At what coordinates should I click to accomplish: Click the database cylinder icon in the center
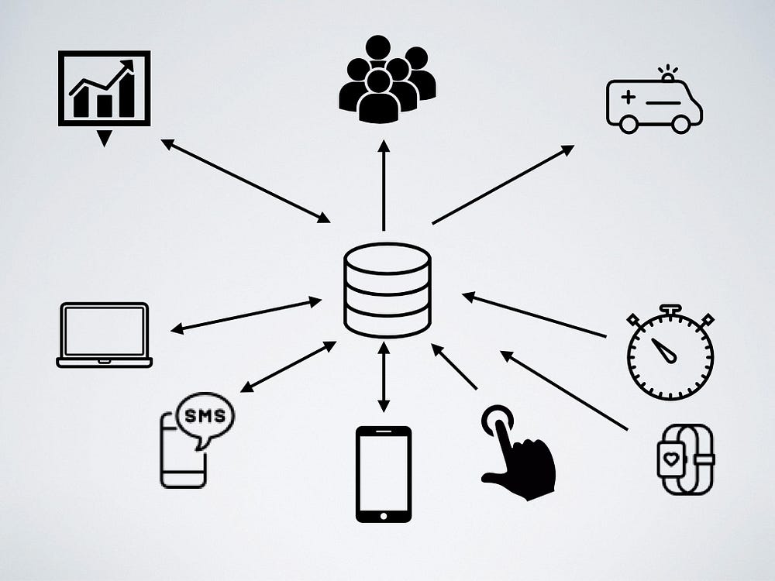point(387,290)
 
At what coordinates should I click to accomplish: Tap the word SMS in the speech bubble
point(205,415)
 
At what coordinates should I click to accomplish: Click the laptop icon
point(105,335)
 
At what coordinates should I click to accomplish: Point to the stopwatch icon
point(670,352)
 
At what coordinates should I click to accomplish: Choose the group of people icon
point(387,79)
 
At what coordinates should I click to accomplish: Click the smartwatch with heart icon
point(686,459)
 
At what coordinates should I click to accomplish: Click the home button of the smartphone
point(384,516)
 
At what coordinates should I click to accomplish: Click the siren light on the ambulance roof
point(668,73)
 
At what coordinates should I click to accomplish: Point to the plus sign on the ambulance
point(629,96)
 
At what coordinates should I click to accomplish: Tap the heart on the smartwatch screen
point(670,459)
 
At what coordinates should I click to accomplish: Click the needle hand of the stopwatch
point(664,350)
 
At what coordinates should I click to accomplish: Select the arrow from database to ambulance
point(503,184)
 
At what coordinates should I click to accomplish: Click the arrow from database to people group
point(384,185)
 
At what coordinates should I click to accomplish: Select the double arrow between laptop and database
point(246,315)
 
